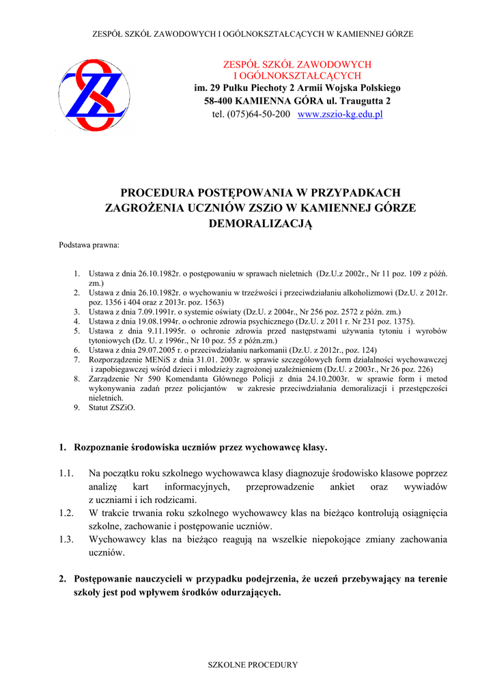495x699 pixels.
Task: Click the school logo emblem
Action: tap(92, 94)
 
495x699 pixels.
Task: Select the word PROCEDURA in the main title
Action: tap(156, 193)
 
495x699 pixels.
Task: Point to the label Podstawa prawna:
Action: tap(89, 244)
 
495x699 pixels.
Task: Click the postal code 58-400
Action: tap(219, 101)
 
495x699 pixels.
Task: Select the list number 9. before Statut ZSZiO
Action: tap(77, 408)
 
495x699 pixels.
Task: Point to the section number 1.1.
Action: tap(66, 473)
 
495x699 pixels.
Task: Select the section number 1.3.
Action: tap(66, 539)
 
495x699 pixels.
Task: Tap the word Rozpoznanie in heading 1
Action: tap(100, 448)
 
